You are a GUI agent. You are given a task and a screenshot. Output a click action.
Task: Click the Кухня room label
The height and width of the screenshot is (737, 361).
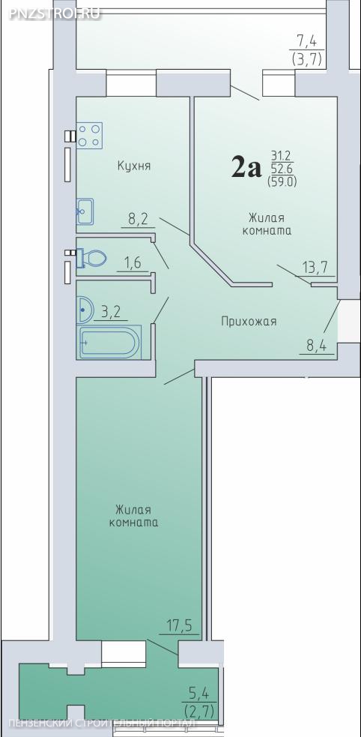(x=134, y=166)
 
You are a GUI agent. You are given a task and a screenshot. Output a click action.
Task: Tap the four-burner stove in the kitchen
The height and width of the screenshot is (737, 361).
(x=89, y=136)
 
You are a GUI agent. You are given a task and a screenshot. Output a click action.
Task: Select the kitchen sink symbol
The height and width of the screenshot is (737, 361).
(x=85, y=211)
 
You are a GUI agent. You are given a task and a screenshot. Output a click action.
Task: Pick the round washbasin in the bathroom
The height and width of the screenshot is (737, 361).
(x=85, y=310)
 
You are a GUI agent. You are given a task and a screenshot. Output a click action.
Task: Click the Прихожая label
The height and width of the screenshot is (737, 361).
(x=249, y=322)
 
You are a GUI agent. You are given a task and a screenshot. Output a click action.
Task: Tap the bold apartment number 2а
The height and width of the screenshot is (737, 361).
(x=246, y=168)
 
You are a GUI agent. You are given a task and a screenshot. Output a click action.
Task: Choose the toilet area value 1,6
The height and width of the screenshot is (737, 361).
(x=132, y=262)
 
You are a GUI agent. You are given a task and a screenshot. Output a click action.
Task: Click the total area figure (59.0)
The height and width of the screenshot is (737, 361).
(x=282, y=181)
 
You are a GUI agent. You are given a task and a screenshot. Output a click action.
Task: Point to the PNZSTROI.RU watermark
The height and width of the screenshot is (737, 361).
(x=55, y=13)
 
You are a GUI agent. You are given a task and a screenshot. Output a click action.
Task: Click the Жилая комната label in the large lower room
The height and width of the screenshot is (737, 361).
(x=133, y=516)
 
